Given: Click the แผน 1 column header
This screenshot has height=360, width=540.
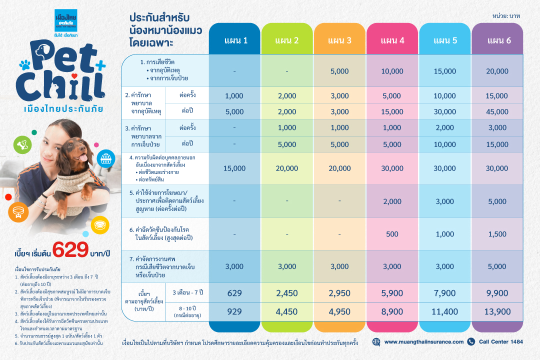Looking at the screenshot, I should click(234, 40).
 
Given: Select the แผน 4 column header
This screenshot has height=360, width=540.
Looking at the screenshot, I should click(392, 40).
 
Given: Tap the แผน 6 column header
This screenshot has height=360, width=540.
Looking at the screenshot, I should click(497, 40).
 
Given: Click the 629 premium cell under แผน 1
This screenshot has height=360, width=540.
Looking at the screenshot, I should click(234, 293).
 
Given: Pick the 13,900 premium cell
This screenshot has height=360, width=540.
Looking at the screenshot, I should click(497, 312).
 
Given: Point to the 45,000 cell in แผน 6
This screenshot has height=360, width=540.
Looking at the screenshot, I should click(497, 112).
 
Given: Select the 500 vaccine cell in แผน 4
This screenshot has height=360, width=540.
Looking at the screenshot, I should click(392, 234).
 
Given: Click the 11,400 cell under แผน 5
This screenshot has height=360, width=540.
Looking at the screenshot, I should click(444, 312).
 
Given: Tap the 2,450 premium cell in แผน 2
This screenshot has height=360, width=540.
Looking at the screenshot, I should click(287, 293).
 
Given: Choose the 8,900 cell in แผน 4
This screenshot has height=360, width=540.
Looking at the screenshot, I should click(392, 312).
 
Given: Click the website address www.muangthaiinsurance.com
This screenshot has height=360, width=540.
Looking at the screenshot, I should click(424, 342).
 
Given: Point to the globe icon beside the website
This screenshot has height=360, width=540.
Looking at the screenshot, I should click(376, 342).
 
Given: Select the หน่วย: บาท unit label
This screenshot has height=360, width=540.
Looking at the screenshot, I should click(506, 16).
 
